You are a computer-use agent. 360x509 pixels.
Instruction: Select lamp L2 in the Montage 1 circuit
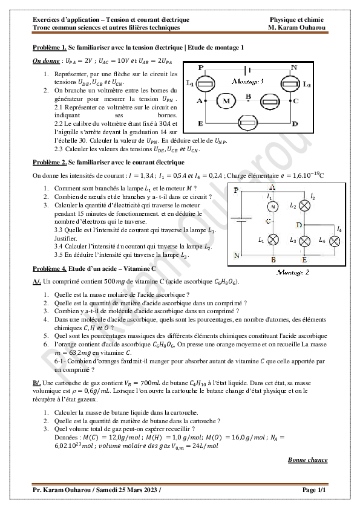[x=290, y=84]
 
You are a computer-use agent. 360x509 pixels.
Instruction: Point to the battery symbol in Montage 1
[x=247, y=70]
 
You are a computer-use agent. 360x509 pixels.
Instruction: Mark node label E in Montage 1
[x=200, y=123]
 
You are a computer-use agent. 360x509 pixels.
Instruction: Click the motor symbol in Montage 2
[x=272, y=207]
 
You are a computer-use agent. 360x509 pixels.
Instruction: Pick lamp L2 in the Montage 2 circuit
[x=306, y=206]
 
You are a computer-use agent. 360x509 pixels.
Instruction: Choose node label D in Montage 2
[x=299, y=225]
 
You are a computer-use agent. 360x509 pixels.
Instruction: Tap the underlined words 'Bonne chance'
[x=308, y=460]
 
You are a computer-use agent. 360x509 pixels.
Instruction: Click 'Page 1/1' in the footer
[x=314, y=490]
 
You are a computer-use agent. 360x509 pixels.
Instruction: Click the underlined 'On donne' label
[x=46, y=62]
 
